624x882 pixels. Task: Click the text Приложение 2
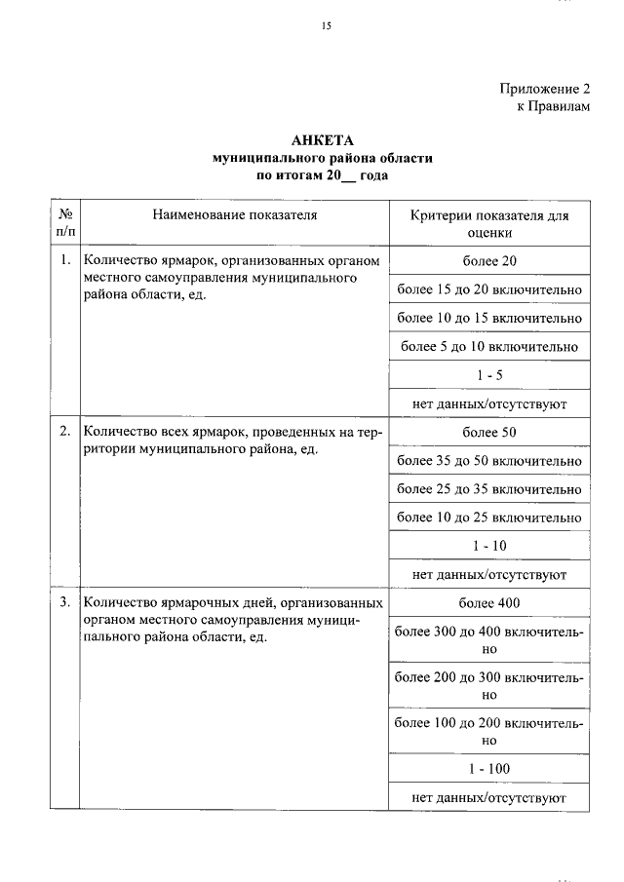coord(545,88)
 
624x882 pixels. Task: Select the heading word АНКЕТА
coord(322,140)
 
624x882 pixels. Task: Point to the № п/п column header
coord(65,223)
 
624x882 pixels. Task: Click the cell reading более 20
coord(489,261)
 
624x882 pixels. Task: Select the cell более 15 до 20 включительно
coord(489,289)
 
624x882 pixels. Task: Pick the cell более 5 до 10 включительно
coord(489,346)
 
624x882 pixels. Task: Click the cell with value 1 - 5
coord(489,374)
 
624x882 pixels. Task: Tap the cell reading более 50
coord(489,433)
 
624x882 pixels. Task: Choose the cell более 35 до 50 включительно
coord(489,461)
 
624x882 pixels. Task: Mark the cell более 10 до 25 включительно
coord(489,518)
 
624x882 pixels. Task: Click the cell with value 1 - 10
coord(489,546)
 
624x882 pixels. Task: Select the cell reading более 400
coord(489,603)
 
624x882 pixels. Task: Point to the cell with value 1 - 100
coord(489,769)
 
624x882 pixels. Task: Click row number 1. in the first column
coord(65,260)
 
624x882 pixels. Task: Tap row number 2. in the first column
coord(65,432)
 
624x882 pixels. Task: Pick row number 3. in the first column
coord(65,602)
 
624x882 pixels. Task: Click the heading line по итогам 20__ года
coord(322,175)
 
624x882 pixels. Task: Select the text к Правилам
coord(553,106)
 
